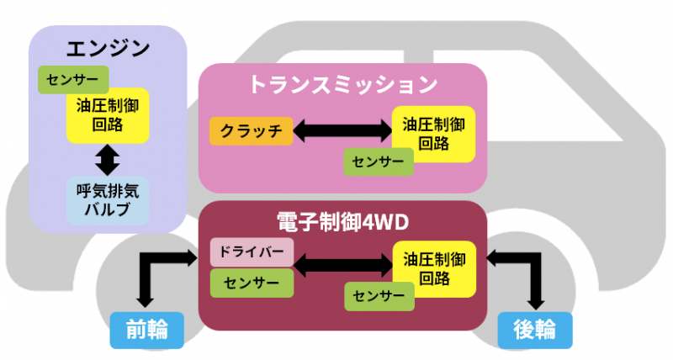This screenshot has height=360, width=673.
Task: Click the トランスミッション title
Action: pyautogui.click(x=342, y=84)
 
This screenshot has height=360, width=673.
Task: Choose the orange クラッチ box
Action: pyautogui.click(x=250, y=130)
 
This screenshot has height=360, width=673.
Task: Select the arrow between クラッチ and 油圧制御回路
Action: pyautogui.click(x=342, y=130)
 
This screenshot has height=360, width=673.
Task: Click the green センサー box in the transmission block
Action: pyautogui.click(x=379, y=161)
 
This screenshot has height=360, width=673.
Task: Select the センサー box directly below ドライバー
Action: pyautogui.click(x=250, y=283)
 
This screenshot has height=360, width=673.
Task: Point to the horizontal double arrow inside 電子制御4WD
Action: pyautogui.click(x=342, y=267)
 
